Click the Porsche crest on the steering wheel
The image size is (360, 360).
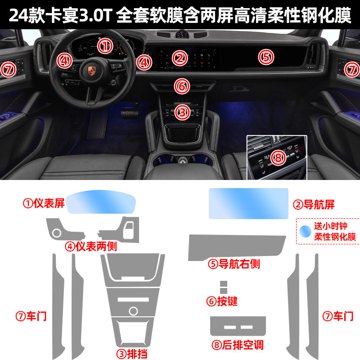(92, 71)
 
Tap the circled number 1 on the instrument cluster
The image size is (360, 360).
(105, 46)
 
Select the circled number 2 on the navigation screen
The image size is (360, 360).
(180, 58)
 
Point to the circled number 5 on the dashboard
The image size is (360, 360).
(266, 57)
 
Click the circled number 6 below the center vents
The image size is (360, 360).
(182, 86)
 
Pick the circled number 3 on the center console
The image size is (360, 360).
(183, 112)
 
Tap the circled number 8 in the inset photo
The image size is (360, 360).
(278, 158)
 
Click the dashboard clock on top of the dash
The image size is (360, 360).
(182, 34)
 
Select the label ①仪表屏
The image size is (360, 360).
(44, 203)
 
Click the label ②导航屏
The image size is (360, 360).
(314, 205)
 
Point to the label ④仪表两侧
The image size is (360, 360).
(91, 246)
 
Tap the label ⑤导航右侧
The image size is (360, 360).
(234, 264)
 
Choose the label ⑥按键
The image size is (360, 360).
(222, 301)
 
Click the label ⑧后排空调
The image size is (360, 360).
(238, 345)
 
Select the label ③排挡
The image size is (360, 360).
(132, 354)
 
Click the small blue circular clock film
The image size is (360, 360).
(305, 231)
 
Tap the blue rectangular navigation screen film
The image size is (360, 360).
(248, 203)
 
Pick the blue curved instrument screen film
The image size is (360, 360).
(101, 202)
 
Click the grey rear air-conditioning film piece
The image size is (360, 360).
(238, 326)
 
